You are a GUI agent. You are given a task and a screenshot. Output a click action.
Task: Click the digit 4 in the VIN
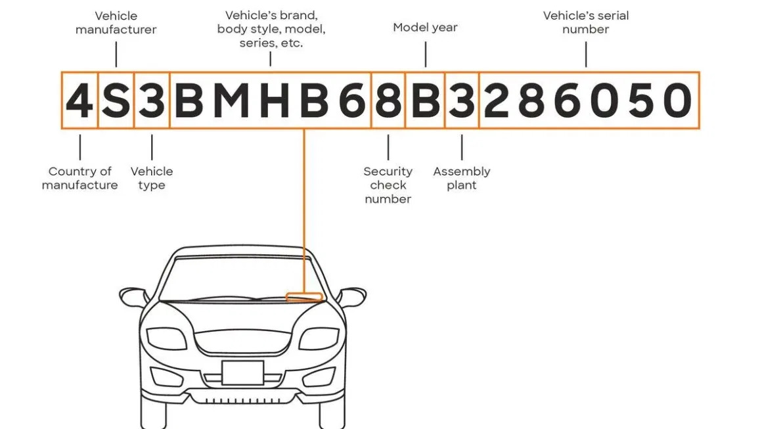tap(79, 101)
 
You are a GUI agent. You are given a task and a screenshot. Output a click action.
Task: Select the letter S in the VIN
tap(116, 101)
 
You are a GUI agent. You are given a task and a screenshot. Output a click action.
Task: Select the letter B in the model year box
tap(425, 101)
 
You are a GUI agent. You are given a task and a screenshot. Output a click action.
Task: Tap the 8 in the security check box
tap(388, 101)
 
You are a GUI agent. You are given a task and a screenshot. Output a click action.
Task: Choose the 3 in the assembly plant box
tap(462, 101)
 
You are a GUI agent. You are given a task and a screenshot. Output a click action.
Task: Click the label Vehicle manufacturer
tap(116, 22)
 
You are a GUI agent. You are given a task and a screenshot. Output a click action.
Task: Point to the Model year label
tap(425, 28)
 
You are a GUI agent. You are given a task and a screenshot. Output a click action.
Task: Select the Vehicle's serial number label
tap(586, 22)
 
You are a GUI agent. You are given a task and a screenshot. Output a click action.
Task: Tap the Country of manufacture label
tap(79, 178)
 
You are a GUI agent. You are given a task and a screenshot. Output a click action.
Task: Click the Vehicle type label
tap(152, 178)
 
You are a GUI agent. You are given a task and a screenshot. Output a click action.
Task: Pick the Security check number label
tap(388, 185)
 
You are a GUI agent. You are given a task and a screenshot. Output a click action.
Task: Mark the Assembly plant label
tap(462, 178)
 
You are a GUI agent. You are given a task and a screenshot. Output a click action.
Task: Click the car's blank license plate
tap(242, 373)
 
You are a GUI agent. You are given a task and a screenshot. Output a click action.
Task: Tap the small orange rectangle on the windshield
tap(304, 296)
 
